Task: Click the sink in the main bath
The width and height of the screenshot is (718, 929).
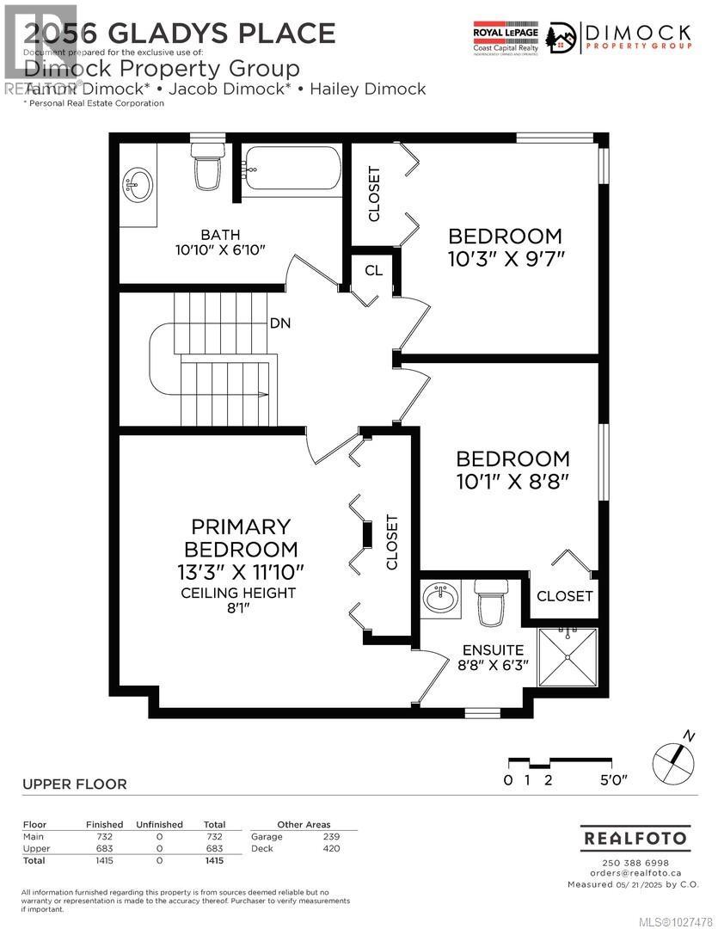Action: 138,183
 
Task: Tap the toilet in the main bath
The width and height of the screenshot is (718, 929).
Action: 206,168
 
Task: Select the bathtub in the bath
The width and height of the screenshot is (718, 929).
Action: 291,169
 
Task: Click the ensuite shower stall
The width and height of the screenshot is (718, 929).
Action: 567,657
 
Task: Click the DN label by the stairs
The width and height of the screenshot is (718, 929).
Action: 280,323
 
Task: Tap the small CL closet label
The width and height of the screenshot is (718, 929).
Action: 373,270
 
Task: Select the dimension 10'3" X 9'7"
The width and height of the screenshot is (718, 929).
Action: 505,259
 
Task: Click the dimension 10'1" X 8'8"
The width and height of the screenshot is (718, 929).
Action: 512,482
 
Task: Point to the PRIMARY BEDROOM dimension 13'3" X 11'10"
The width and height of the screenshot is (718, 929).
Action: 240,571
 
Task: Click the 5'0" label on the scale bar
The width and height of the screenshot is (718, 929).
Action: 613,781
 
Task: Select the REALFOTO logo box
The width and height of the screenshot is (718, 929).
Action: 635,837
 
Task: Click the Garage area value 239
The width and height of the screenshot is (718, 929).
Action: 331,836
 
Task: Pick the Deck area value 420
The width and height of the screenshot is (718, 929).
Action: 331,848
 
